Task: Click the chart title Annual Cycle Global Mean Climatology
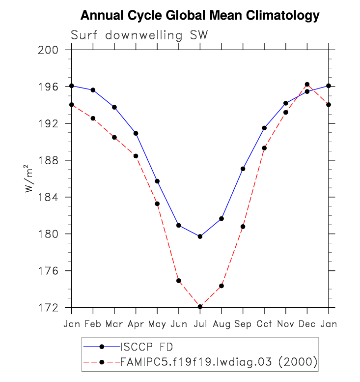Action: [200, 16]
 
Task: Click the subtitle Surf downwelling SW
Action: [139, 35]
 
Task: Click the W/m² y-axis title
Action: [31, 179]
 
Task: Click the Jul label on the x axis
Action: [200, 324]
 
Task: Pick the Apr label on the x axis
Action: [136, 324]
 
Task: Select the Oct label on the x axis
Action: [264, 324]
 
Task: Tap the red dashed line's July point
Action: [200, 307]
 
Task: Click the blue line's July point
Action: [200, 236]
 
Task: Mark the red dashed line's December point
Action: [307, 84]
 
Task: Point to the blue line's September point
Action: [243, 169]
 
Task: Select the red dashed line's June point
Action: [179, 281]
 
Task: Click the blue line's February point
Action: [93, 90]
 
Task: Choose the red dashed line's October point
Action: [264, 148]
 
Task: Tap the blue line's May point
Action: [157, 181]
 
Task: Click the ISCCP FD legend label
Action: [144, 346]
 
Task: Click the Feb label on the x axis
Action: [93, 324]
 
